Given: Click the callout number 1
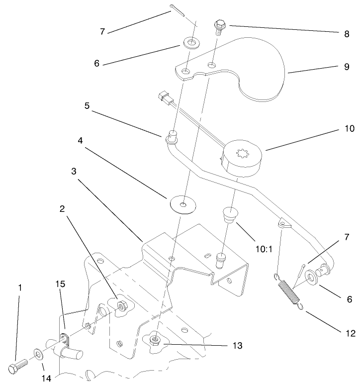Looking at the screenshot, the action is (20, 288).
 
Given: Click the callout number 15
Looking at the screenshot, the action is (60, 284).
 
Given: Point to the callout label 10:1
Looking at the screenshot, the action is (264, 249).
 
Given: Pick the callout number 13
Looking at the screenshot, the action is (238, 346).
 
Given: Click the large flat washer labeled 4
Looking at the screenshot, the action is (183, 204).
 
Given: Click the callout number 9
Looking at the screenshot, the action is (347, 67).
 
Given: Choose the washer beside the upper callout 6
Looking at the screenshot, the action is (191, 42).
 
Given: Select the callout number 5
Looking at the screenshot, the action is (87, 105).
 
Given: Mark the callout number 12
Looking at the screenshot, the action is (351, 333).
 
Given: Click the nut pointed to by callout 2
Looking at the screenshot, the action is (121, 306).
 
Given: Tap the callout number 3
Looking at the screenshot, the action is (74, 171).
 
